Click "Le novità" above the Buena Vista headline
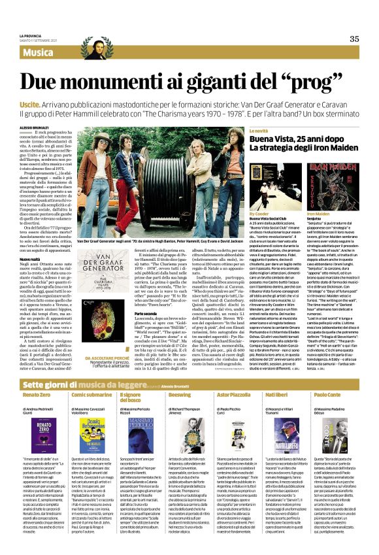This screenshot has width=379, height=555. (259, 131)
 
